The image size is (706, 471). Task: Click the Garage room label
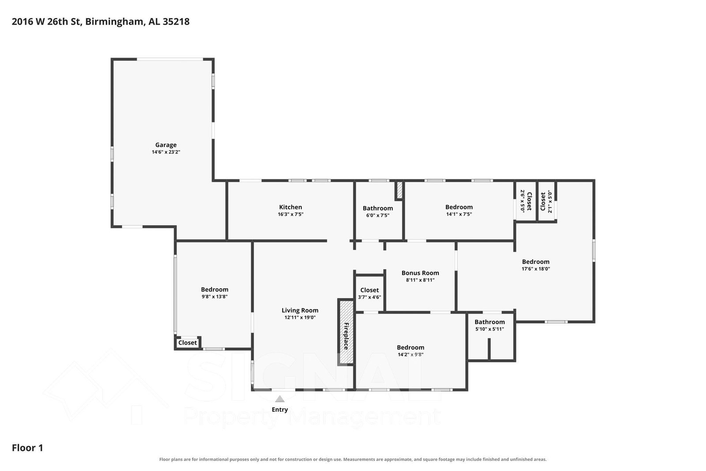click(x=166, y=145)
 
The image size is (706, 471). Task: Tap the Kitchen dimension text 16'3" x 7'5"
click(x=291, y=214)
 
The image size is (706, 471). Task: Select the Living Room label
click(x=300, y=311)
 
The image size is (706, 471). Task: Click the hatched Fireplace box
click(x=346, y=332)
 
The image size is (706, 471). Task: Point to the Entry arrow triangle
click(x=279, y=399)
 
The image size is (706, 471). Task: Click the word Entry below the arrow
click(x=279, y=410)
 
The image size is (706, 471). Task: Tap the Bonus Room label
click(x=420, y=273)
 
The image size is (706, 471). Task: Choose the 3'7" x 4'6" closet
click(x=370, y=293)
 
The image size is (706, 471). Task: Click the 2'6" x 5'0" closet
click(x=526, y=201)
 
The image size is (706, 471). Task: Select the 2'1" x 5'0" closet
click(x=546, y=201)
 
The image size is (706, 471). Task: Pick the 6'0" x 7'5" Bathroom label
click(x=378, y=208)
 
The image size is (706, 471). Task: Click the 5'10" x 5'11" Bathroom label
click(x=490, y=322)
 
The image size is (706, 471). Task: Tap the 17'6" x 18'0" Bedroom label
click(x=536, y=262)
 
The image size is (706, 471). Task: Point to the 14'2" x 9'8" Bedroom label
click(x=410, y=348)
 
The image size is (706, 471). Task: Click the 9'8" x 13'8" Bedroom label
click(x=215, y=289)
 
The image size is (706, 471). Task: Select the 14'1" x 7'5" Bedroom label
click(x=459, y=207)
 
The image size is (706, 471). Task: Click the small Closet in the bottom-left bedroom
click(x=188, y=342)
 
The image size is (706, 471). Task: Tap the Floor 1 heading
click(x=27, y=448)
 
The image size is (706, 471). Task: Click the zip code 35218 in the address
click(x=176, y=22)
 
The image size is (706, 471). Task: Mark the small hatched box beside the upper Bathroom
click(x=399, y=190)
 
